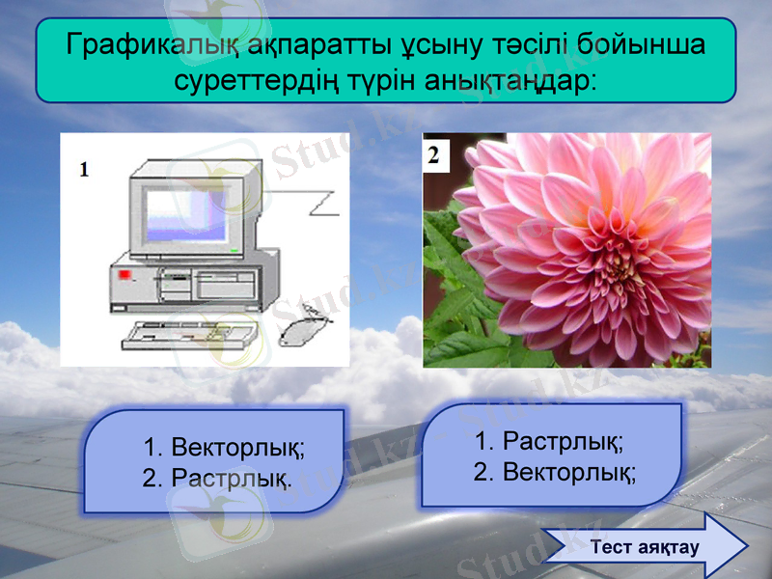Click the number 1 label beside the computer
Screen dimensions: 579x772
point(85,170)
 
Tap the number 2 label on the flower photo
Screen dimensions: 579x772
point(434,154)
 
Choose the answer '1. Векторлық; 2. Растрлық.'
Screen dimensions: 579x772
point(214,461)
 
